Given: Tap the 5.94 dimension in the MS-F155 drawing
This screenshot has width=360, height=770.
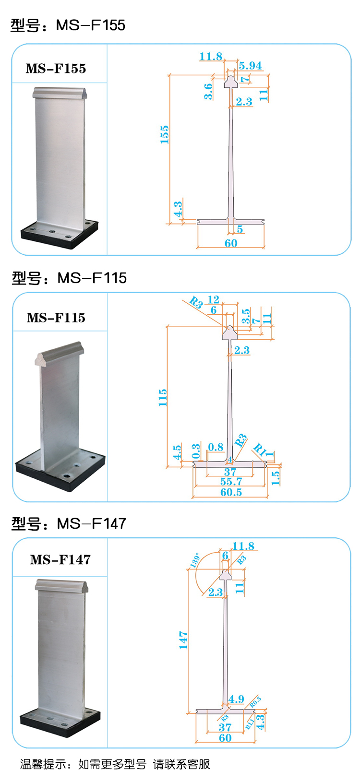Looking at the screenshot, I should tap(250, 66).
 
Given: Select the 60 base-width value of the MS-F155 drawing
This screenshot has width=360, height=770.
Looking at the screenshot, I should tap(231, 243).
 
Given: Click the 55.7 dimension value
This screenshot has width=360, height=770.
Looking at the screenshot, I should tap(231, 482).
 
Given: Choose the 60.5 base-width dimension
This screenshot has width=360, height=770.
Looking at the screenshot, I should tap(231, 492).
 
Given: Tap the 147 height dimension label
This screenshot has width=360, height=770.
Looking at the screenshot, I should tap(183, 640).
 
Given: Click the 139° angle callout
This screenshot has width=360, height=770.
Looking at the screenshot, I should tap(195, 560).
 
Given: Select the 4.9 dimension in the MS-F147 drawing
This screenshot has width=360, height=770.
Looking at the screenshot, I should tap(236, 699).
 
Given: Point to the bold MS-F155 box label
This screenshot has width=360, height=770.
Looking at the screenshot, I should tap(56, 69).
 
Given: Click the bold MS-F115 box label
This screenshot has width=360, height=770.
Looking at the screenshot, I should tap(56, 318).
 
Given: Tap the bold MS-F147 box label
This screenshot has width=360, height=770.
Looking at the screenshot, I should tap(60, 559).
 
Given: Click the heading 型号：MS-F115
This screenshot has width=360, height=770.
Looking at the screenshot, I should tap(69, 278).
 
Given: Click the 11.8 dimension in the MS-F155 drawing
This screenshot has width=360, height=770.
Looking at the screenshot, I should tap(211, 57).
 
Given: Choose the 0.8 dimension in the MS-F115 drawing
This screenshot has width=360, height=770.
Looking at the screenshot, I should tap(216, 447).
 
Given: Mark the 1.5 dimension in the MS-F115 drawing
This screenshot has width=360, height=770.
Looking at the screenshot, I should tap(275, 477).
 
